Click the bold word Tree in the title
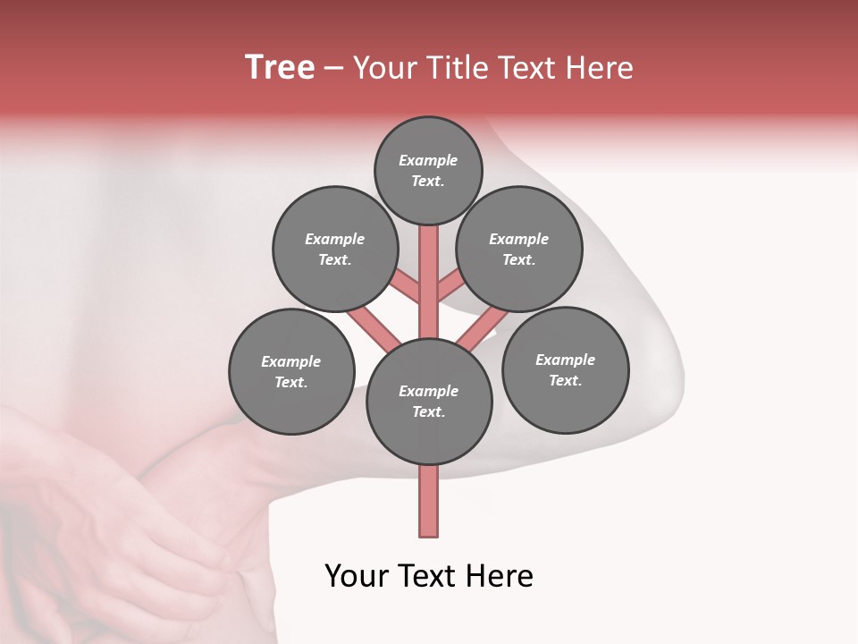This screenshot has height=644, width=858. click(280, 67)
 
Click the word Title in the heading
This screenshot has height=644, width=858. click(455, 68)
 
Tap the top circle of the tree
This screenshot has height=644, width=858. click(428, 170)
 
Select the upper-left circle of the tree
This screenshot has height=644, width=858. click(335, 249)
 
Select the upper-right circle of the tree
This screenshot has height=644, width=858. click(519, 249)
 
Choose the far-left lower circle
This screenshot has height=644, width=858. click(291, 371)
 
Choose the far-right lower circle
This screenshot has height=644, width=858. click(565, 369)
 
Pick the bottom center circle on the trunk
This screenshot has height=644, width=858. click(429, 401)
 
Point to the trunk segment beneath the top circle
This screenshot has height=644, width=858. click(429, 268)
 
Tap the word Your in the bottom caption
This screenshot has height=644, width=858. click(357, 576)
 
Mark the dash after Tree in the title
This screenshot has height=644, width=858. click(333, 69)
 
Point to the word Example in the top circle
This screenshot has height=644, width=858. click(428, 160)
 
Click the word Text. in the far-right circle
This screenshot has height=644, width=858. click(565, 380)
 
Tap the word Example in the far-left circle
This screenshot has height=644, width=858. click(290, 361)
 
